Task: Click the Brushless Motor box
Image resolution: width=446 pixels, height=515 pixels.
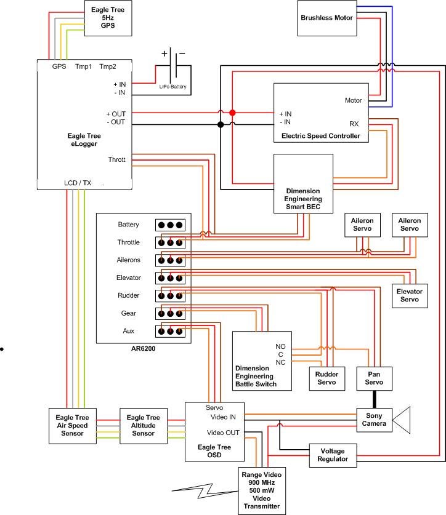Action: pos(327,18)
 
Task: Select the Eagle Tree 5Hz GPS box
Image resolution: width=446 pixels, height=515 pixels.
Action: pos(108,18)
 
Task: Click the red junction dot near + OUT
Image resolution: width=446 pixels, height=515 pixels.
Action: pos(232,113)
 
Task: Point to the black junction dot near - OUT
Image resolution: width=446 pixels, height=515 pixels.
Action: pos(221,125)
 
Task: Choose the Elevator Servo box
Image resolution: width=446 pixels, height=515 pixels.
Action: pos(412,295)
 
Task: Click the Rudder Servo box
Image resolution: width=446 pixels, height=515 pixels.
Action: pos(326,378)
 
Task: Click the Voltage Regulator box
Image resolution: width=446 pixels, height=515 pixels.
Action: pos(333,454)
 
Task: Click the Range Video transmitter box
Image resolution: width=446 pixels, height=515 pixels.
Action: pos(262,490)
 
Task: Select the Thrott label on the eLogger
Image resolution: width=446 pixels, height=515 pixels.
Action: pos(116,159)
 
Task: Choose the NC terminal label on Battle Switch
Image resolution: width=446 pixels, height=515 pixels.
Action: pos(280,362)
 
